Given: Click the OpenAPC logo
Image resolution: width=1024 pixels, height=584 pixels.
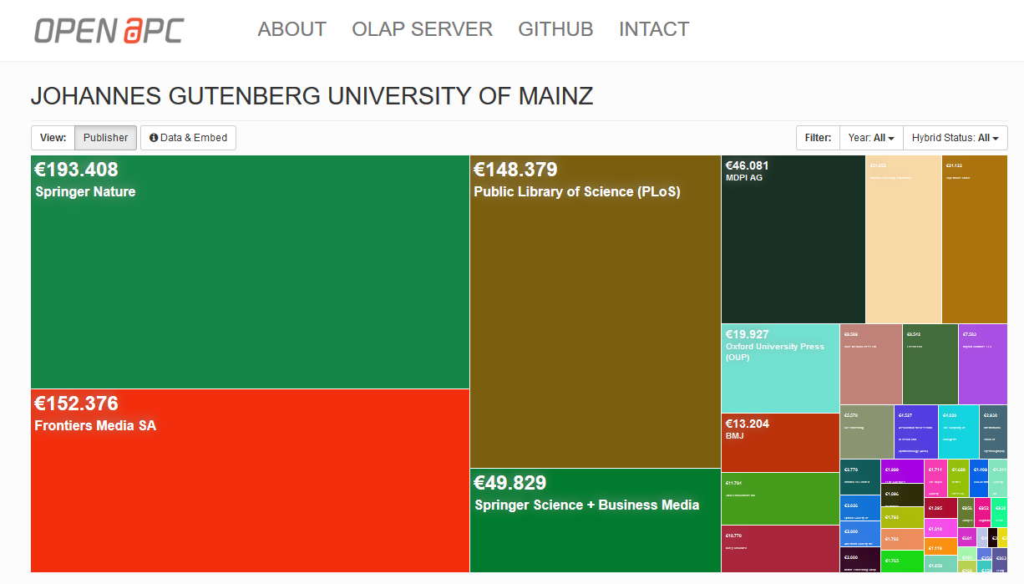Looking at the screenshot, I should [109, 30].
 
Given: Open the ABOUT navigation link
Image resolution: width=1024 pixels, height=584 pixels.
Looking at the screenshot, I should [291, 29].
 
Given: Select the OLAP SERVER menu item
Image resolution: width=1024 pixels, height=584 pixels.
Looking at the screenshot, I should [422, 29].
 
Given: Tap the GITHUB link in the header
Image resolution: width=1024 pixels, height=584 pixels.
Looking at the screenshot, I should [555, 29].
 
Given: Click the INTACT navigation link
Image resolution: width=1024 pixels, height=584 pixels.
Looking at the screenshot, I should [653, 29].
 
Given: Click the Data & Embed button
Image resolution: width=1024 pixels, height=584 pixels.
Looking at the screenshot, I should [188, 138].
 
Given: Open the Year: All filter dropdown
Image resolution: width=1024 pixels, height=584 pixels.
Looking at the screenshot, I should [871, 138].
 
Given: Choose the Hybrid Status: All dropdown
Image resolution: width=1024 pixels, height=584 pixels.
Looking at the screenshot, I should [955, 138].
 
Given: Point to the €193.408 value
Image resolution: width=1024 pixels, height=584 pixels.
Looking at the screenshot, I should [77, 170].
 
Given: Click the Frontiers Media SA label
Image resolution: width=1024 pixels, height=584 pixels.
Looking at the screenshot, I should [95, 426].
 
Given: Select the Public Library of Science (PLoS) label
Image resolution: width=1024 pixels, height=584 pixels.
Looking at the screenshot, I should [576, 192].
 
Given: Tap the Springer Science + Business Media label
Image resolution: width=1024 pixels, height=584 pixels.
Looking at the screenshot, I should [586, 505].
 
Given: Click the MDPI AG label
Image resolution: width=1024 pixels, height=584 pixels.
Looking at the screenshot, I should [743, 178].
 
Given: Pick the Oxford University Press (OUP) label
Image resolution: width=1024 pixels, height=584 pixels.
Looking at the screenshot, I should [774, 351].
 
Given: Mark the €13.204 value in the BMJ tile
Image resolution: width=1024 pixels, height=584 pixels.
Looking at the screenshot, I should [748, 424].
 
